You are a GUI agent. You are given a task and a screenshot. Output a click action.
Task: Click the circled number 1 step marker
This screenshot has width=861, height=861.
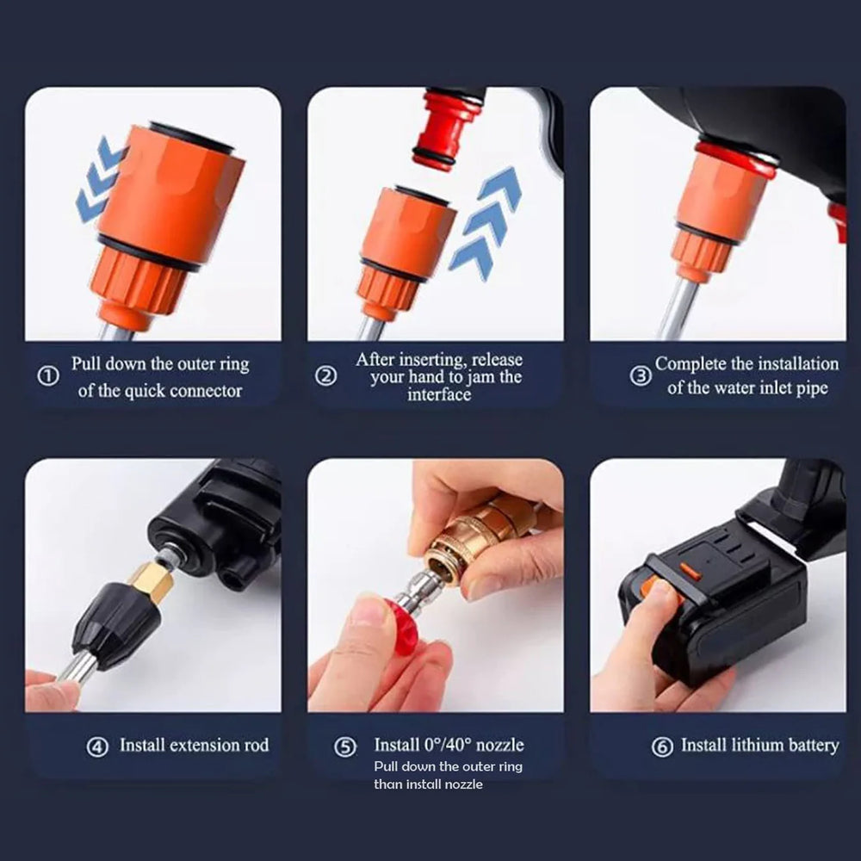pos(50,376)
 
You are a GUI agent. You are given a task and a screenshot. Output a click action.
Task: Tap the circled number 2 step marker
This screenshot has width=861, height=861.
pos(325,376)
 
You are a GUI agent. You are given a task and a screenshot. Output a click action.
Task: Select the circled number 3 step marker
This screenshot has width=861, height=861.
pos(640,376)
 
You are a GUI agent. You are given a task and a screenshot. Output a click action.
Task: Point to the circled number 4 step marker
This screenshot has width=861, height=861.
pos(97,746)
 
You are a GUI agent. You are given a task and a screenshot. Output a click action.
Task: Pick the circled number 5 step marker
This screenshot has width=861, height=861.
pos(345,746)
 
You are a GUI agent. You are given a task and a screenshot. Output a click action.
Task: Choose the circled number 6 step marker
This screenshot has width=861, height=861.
pos(662,746)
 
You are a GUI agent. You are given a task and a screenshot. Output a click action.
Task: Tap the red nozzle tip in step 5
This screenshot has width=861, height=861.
pos(400,626)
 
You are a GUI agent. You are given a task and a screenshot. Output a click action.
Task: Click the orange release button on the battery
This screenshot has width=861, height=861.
pos(691,570)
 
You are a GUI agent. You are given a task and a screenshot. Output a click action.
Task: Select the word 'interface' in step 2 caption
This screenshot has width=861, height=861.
pos(438,395)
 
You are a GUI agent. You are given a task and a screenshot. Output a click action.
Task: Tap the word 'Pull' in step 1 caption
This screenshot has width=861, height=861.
pos(88,363)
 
